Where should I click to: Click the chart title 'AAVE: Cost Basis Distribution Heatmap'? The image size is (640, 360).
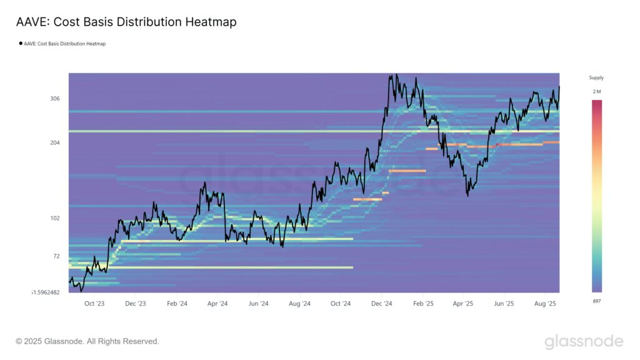tap(126, 22)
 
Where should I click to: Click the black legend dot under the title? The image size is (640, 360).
tap(21, 44)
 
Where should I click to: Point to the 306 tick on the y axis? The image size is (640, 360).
tap(55, 99)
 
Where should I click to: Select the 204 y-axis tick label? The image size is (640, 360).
tap(55, 142)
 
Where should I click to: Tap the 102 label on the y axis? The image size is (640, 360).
tap(55, 218)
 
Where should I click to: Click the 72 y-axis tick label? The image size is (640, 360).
tap(56, 256)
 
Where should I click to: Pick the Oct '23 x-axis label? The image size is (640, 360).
tap(94, 304)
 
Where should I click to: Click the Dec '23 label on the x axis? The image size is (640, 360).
tap(135, 304)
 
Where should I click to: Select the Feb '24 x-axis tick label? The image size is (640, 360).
tap(177, 304)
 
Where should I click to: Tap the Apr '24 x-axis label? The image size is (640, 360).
tap(217, 304)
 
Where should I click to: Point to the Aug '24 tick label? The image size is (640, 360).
tap(299, 304)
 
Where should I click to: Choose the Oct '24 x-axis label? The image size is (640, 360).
tap(340, 304)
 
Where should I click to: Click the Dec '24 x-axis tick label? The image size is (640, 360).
tap(381, 304)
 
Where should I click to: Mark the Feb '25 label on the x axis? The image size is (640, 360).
tap(423, 304)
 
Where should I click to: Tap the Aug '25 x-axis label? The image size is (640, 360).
tap(546, 304)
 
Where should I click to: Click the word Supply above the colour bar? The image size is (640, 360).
tap(596, 78)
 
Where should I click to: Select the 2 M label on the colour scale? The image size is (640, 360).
tap(597, 92)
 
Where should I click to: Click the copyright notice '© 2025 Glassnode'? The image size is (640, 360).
tap(87, 341)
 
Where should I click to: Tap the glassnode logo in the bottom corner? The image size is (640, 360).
tap(584, 341)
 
